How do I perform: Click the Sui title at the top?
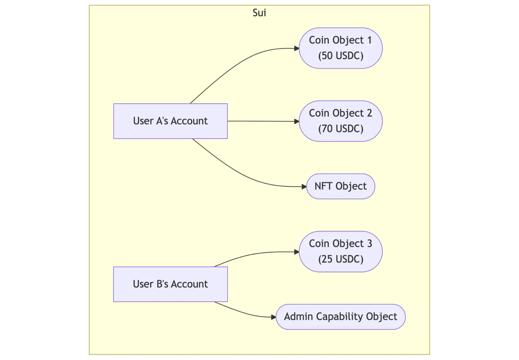tap(259, 13)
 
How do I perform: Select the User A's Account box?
tap(170, 121)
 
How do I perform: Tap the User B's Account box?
tap(170, 284)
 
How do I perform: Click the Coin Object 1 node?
tap(340, 48)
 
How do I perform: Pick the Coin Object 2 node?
tap(340, 121)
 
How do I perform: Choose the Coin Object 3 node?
tap(340, 252)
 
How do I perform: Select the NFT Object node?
tap(340, 186)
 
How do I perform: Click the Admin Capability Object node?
tap(340, 317)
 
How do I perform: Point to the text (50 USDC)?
tap(340, 56)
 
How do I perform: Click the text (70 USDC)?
tap(340, 129)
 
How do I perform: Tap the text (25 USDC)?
tap(340, 260)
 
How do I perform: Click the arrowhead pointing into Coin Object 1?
tap(297, 48)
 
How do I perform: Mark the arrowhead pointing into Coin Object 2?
tap(297, 121)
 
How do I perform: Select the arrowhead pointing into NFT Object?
tap(304, 187)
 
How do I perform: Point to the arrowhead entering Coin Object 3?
tap(297, 252)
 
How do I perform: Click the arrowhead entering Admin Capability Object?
tap(273, 317)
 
